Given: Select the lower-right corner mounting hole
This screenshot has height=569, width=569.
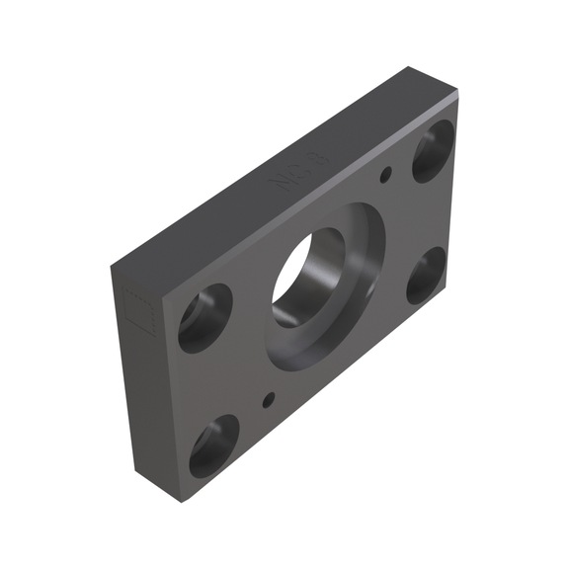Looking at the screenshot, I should point(425,275).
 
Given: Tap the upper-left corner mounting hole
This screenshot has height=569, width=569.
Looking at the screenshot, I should point(204,317).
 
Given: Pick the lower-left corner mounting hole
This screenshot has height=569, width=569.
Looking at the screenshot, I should point(213,445).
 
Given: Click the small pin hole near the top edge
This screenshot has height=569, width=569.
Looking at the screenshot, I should point(386,176).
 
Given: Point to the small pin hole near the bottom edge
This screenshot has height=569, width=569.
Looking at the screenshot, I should point(268,400).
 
